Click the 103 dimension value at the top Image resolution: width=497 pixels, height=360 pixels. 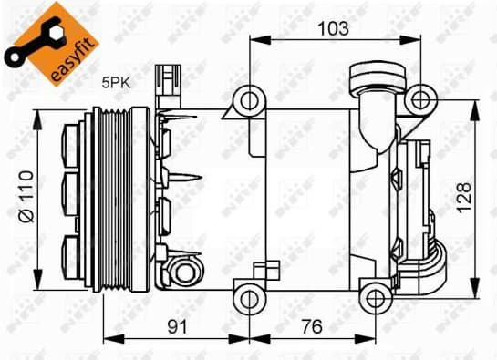click(335, 28)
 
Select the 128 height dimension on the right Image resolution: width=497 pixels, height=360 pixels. click(465, 193)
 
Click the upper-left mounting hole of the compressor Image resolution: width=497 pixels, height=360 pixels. click(248, 99)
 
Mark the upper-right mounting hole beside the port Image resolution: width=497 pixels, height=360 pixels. click(419, 98)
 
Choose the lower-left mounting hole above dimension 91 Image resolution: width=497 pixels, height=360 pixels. click(248, 295)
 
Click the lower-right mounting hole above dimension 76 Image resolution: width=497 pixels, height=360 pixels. click(374, 295)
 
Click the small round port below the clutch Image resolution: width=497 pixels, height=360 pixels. click(185, 271)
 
